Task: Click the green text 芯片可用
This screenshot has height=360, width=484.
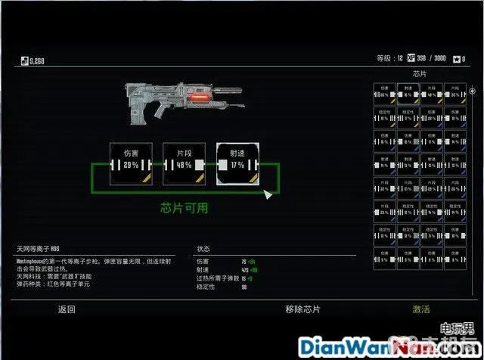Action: coord(184,207)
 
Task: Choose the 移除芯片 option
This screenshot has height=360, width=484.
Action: coord(302,309)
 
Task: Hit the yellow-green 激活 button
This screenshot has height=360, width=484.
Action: coord(421,309)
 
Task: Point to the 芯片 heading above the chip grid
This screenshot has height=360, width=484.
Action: coord(420,74)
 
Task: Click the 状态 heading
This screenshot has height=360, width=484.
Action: coord(203,249)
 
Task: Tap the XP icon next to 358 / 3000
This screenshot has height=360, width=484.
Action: coord(411,58)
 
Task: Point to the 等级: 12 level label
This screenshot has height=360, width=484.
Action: coord(389,58)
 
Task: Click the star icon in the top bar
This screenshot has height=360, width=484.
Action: coord(458,58)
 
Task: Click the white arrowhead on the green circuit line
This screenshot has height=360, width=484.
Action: coord(266,195)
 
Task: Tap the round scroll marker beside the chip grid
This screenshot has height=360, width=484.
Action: coord(472,91)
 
